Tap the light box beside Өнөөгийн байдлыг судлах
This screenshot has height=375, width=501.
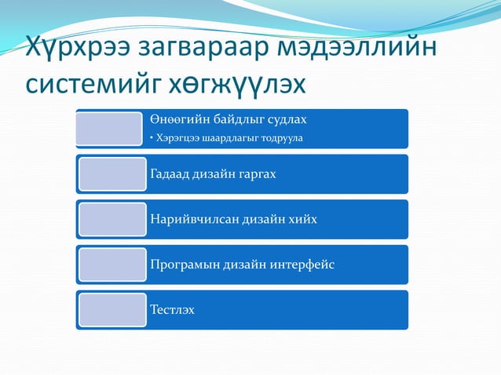[x=110, y=129]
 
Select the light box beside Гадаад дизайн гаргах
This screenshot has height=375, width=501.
[x=112, y=174]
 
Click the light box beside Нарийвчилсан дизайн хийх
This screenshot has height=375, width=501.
[x=112, y=219]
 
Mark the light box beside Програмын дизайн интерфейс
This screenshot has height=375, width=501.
[x=112, y=264]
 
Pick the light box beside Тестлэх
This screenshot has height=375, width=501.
[x=112, y=310]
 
